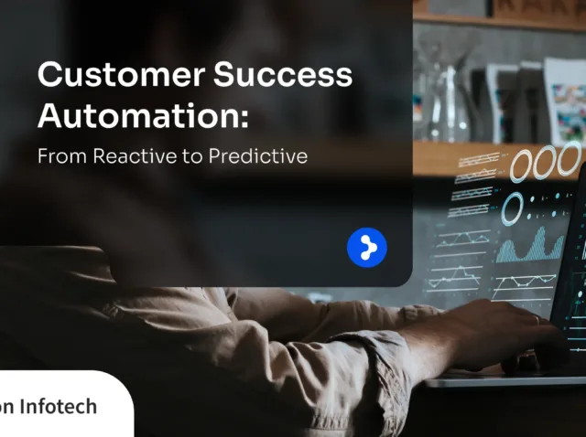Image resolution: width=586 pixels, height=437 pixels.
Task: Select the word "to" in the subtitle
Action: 192,156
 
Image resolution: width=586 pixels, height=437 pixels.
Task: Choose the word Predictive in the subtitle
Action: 257,156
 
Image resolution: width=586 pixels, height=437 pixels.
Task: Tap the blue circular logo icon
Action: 367,248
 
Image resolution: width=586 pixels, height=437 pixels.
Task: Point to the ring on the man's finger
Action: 537,320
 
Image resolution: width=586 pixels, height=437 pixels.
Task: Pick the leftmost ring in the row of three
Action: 522,165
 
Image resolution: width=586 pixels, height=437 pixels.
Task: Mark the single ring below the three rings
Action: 512,208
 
